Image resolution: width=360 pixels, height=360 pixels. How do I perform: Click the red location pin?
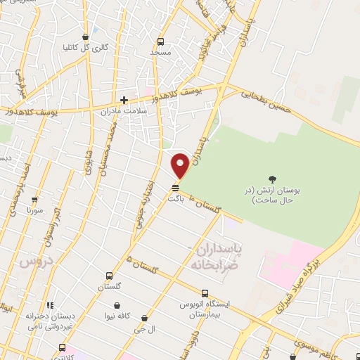point(180,166)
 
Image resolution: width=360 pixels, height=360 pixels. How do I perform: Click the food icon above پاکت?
point(175,187)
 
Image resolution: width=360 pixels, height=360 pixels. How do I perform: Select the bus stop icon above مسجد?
point(160,41)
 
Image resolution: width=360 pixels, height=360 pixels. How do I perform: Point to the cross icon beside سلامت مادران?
point(124,100)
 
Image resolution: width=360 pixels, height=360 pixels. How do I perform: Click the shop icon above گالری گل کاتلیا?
point(85,37)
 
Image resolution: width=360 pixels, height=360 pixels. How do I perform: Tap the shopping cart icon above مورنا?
point(34,200)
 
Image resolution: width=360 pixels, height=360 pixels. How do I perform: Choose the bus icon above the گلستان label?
point(109,276)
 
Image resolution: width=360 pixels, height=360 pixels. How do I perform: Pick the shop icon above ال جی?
point(144,319)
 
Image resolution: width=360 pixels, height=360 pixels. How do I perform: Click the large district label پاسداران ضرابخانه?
point(217,256)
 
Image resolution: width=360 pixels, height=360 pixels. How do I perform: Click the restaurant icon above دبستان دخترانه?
point(49,306)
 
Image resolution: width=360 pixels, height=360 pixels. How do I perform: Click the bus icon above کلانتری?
point(62,347)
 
